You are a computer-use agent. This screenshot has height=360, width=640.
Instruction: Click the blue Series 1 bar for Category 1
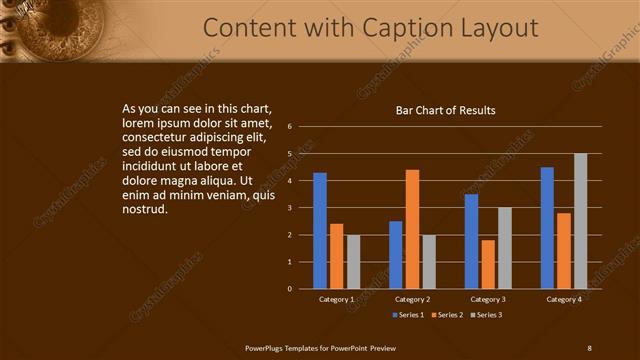[320, 231]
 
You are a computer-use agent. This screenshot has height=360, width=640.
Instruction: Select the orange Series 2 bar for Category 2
[412, 229]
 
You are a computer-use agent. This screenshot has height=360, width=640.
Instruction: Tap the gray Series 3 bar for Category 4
[580, 221]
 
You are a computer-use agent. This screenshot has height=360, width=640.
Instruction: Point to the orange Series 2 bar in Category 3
[488, 264]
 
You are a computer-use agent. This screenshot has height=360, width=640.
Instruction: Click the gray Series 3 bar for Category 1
[353, 262]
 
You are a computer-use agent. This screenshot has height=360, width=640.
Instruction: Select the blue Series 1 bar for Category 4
[547, 228]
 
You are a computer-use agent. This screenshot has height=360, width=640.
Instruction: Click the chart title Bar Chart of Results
[445, 111]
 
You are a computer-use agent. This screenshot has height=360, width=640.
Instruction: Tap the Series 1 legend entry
[409, 315]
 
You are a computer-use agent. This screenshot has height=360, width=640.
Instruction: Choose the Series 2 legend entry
[448, 315]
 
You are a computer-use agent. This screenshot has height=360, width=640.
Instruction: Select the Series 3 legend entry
[486, 315]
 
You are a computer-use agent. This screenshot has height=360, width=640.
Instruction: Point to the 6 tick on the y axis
[289, 127]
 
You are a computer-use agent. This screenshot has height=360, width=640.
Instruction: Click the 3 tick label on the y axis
[289, 208]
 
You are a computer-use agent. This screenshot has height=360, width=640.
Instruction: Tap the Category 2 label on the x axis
[412, 299]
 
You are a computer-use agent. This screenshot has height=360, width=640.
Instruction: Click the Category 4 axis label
[564, 299]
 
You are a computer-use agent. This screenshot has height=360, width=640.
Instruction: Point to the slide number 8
[589, 347]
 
